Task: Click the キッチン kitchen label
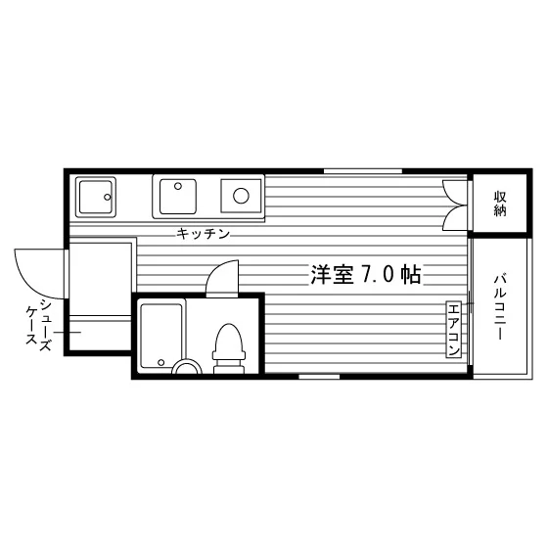(x=204, y=234)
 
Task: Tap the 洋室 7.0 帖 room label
(x=366, y=274)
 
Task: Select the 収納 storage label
(x=500, y=204)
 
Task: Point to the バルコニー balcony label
(x=500, y=307)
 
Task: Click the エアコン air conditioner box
(x=453, y=330)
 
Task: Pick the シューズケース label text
(x=39, y=325)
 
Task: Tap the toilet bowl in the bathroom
(x=229, y=339)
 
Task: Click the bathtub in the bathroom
(x=161, y=336)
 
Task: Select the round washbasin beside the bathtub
(x=188, y=367)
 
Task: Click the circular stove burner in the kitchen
(x=241, y=196)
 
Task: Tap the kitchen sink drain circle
(x=178, y=186)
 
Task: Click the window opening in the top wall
(x=363, y=171)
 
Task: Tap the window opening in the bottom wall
(x=319, y=377)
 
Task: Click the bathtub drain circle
(x=161, y=362)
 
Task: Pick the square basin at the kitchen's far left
(x=96, y=197)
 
